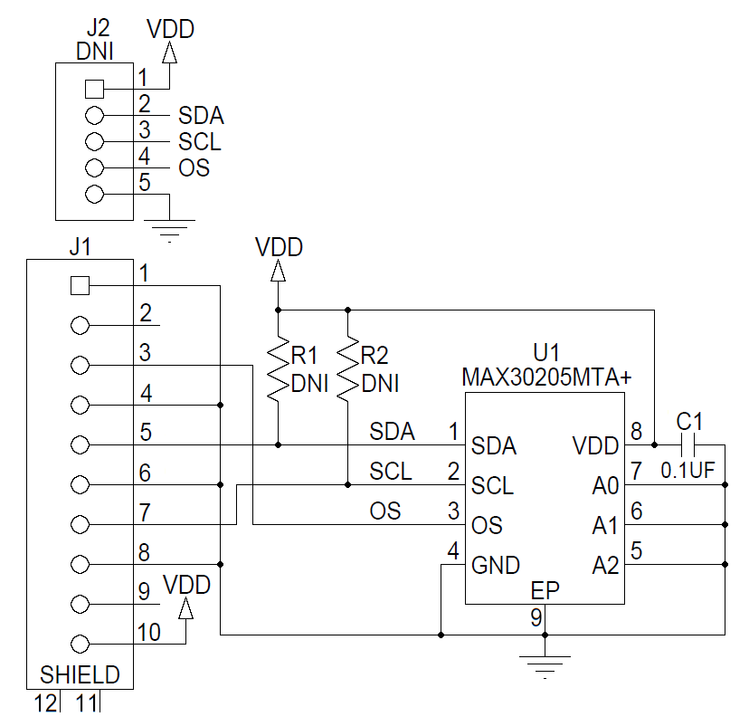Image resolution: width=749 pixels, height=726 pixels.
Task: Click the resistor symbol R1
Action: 278,371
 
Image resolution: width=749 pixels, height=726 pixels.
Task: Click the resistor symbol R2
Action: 347,371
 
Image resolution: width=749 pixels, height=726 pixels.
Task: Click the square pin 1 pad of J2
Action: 93,89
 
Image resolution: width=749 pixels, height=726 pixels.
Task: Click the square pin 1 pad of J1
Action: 80,286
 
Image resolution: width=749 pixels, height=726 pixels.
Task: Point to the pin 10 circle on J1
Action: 80,644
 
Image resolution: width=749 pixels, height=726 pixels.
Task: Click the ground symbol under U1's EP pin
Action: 544,666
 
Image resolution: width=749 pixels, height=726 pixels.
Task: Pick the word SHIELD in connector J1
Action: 81,674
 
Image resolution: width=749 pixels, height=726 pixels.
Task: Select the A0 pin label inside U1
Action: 605,487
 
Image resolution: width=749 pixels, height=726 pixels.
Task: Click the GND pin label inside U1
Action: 496,566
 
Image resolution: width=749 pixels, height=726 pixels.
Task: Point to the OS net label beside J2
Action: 194,167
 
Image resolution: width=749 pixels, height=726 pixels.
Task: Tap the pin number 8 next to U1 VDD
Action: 636,431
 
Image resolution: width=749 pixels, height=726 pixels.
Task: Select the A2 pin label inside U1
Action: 605,566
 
